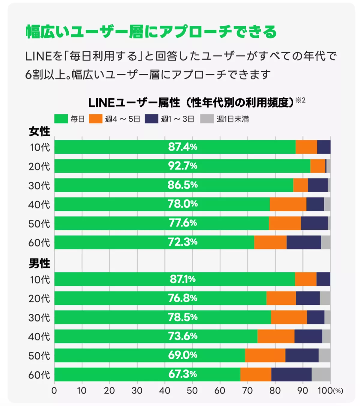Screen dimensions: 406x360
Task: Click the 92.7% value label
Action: click(182, 166)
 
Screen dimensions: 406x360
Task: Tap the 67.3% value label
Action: click(182, 374)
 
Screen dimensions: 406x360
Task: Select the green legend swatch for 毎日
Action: click(61, 119)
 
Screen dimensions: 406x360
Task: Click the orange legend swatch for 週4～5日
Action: click(96, 119)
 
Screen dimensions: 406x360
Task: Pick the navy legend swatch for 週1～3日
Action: click(151, 119)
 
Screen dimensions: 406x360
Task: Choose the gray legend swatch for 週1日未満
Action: click(207, 119)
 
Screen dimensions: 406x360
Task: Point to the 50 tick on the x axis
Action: click(192, 391)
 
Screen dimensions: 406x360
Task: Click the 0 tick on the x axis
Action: click(54, 391)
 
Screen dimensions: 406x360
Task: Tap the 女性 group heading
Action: click(39, 132)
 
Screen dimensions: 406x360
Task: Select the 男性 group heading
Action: click(39, 263)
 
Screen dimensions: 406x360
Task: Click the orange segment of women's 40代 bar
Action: click(288, 204)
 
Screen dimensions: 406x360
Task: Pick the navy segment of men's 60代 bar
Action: click(291, 374)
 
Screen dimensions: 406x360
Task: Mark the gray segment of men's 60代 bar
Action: click(321, 374)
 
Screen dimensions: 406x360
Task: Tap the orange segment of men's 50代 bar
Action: click(265, 355)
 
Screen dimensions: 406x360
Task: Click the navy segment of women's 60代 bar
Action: click(304, 242)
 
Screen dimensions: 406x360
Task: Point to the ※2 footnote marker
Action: click(300, 100)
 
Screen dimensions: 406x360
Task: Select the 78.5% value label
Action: click(182, 317)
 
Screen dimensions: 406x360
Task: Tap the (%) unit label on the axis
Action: click(338, 391)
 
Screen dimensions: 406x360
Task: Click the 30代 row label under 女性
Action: click(39, 185)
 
